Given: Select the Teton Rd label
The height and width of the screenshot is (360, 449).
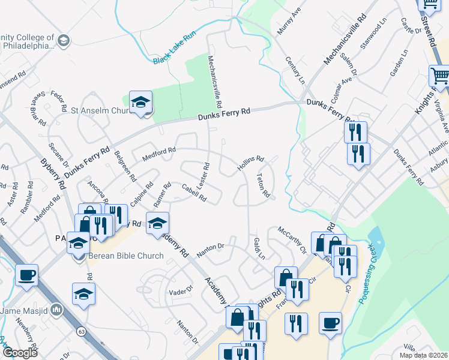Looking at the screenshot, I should click(x=262, y=187).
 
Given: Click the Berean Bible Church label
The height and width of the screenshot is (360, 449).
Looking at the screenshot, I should click(x=126, y=256).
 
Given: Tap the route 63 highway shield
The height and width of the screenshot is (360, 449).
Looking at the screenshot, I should click(x=80, y=331).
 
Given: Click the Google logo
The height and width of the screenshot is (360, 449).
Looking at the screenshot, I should click(x=19, y=353).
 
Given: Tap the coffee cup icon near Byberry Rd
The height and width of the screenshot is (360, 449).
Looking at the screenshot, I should click(x=26, y=275).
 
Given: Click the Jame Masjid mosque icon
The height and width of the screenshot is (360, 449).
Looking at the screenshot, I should click(x=58, y=310).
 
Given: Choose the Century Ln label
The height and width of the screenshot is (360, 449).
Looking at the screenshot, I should click(x=295, y=71).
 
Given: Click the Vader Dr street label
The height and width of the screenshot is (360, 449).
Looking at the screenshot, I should click(x=180, y=290).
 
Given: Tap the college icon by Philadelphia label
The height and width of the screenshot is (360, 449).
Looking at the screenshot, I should click(x=64, y=41).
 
